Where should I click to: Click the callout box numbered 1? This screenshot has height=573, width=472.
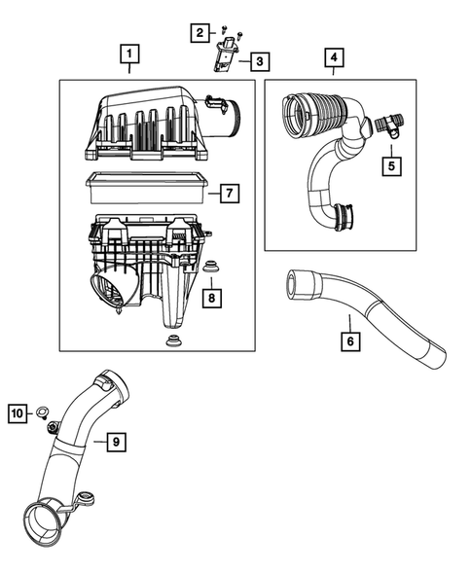coord(129,54)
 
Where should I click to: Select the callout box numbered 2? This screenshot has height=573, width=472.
coord(200,33)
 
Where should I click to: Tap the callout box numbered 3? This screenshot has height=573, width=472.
coord(258,62)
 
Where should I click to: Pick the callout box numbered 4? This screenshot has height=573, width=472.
coord(333,57)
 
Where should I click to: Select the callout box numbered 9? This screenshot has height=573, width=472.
coord(115,443)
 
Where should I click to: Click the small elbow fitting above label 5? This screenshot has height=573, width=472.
coord(387,124)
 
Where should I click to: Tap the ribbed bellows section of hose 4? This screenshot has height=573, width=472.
coord(314,109)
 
